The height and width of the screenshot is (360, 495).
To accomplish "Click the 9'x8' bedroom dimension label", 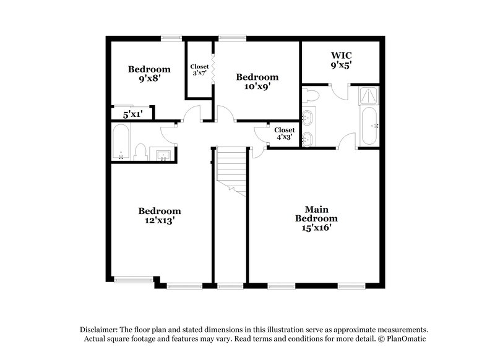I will pyautogui.click(x=148, y=79).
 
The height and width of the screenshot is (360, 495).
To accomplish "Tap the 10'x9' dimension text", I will pyautogui.click(x=257, y=87).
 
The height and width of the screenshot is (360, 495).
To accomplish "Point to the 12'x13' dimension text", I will pyautogui.click(x=159, y=220).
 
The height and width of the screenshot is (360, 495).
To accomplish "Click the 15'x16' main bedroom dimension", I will pyautogui.click(x=316, y=228).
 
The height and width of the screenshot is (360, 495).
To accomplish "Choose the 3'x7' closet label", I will pyautogui.click(x=199, y=73).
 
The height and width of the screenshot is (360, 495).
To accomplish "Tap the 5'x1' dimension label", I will pyautogui.click(x=132, y=114).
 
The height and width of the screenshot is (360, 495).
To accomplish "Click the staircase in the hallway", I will pyautogui.click(x=232, y=170).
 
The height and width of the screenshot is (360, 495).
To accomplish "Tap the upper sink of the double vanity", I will pyautogui.click(x=308, y=116).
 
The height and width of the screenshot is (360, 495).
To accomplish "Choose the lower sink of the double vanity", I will pyautogui.click(x=308, y=139).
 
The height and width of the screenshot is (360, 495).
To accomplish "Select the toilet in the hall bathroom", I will pyautogui.click(x=140, y=152).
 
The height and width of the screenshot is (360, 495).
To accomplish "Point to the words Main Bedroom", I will pyautogui.click(x=316, y=213).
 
